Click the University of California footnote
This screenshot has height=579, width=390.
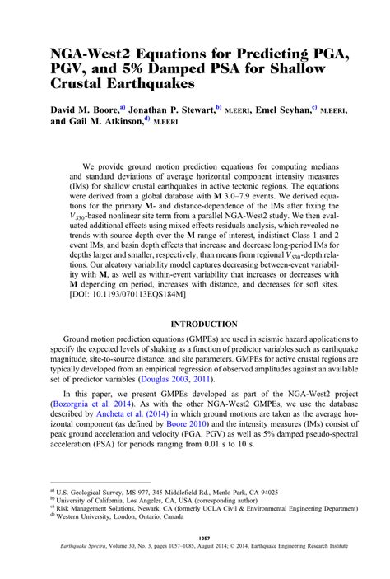pyautogui.click(x=156, y=521)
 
